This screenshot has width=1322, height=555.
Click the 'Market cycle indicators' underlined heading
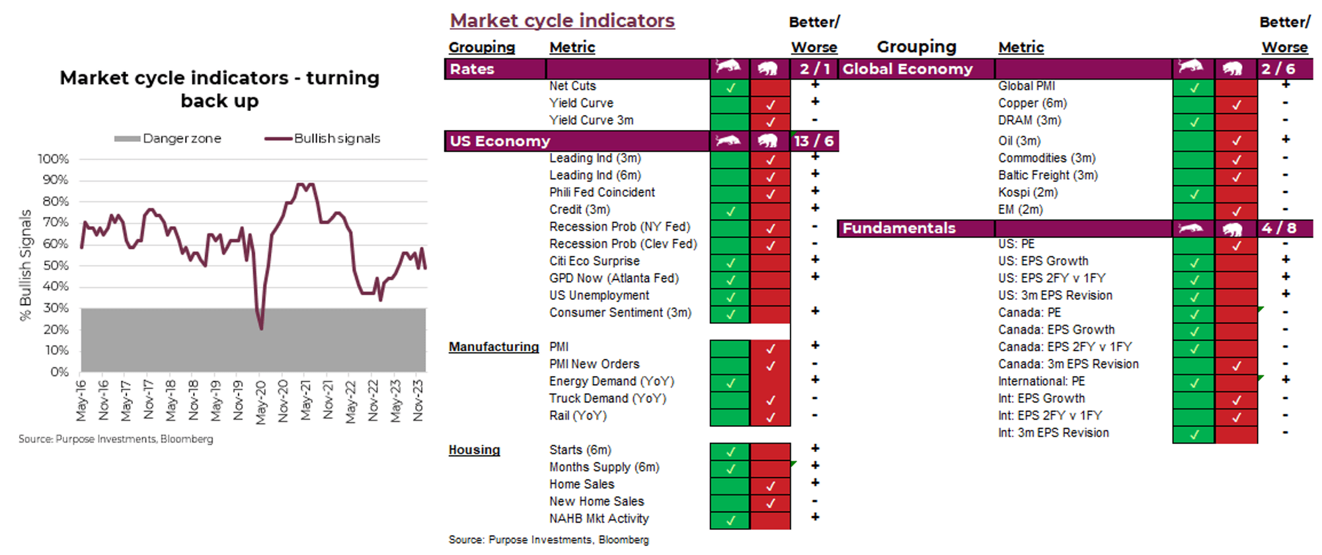pyautogui.click(x=562, y=21)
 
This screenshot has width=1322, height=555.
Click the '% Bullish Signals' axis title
pyautogui.click(x=26, y=265)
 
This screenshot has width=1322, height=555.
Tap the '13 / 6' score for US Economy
pyautogui.click(x=814, y=141)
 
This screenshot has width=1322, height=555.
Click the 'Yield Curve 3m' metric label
pyautogui.click(x=591, y=120)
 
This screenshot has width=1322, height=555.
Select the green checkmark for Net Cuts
pyautogui.click(x=730, y=87)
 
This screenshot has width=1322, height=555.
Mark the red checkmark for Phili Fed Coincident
pyautogui.click(x=770, y=194)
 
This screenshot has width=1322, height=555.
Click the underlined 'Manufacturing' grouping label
pyautogui.click(x=494, y=347)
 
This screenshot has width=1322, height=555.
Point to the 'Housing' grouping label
pyautogui.click(x=474, y=450)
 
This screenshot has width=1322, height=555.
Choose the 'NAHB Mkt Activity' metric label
pyautogui.click(x=599, y=519)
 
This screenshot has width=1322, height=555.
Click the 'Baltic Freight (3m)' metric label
pyautogui.click(x=1048, y=175)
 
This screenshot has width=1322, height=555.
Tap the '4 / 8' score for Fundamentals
pyautogui.click(x=1278, y=228)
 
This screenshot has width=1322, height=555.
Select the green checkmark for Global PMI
pyautogui.click(x=1194, y=87)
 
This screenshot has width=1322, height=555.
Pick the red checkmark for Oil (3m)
pyautogui.click(x=1236, y=141)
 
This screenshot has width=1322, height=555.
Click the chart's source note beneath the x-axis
pyautogui.click(x=116, y=439)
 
